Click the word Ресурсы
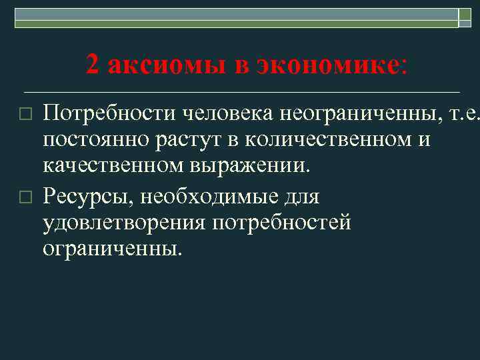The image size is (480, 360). tap(86, 197)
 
